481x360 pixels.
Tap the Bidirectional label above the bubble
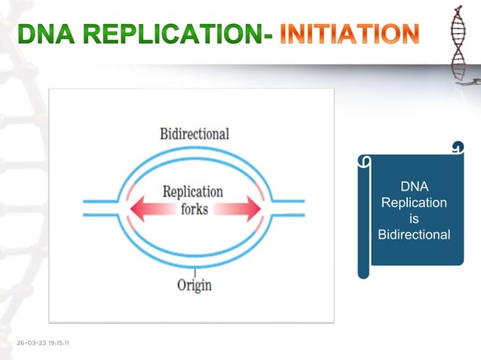coord(195,133)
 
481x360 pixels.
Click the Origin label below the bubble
coord(195,285)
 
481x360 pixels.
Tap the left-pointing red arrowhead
coord(139,206)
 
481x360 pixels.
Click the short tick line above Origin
coord(195,270)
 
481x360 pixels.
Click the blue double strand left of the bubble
coord(100,207)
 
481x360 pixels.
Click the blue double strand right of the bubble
coord(288,207)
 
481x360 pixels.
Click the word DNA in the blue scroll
coord(413,187)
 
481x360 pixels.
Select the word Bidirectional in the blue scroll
coord(414,235)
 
